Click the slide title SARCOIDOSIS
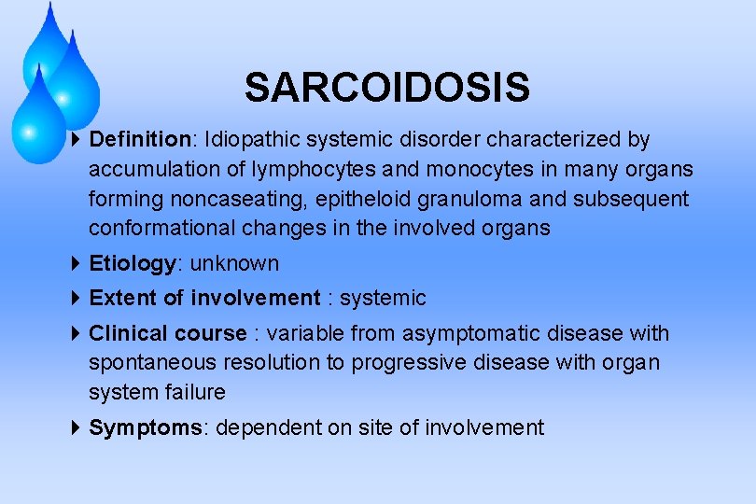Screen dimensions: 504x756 386,89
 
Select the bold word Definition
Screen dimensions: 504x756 139,140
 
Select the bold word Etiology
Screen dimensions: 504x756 132,264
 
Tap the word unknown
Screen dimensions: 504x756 234,264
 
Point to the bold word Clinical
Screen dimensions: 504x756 127,334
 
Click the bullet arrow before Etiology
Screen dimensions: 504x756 77,264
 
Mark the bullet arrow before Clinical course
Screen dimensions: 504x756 77,333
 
